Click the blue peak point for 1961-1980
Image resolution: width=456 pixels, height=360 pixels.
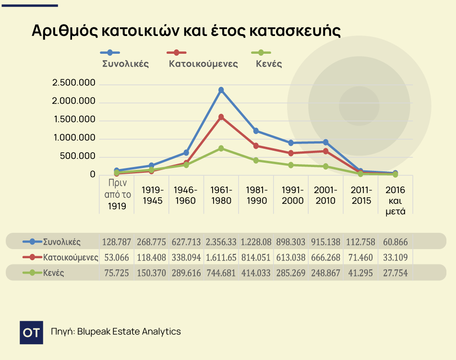(x=221, y=90)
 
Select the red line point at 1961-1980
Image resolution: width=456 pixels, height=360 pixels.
(x=221, y=117)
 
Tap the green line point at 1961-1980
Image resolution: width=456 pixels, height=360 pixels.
(x=221, y=148)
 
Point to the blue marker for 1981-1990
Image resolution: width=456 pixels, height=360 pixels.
(x=256, y=131)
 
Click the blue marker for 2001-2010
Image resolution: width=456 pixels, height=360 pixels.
(x=326, y=142)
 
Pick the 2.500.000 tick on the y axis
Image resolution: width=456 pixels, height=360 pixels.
(x=74, y=84)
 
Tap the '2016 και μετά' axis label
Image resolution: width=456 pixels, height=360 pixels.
(x=396, y=200)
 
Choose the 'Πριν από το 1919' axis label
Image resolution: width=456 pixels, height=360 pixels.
(x=117, y=195)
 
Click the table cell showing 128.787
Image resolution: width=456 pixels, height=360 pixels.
(x=116, y=241)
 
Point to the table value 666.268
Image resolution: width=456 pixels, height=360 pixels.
(x=326, y=258)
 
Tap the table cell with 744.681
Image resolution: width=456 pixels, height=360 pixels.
(x=221, y=273)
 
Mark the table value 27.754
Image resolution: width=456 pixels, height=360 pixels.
(x=396, y=273)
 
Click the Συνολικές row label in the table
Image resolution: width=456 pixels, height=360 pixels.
(x=61, y=241)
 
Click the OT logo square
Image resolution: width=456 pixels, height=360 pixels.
(x=31, y=333)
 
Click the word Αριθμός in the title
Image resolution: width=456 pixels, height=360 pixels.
(x=63, y=31)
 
